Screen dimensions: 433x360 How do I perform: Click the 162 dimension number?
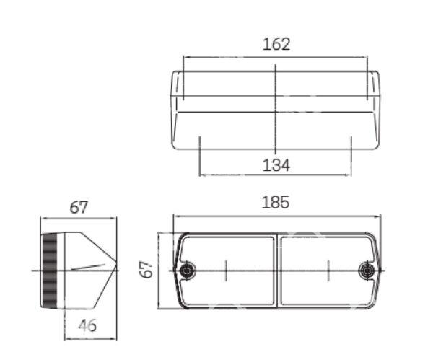tap(276, 44)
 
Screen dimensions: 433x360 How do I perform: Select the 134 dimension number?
tap(276, 165)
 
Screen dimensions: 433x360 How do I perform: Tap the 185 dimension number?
tap(276, 202)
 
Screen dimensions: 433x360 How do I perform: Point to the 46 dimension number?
tap(87, 325)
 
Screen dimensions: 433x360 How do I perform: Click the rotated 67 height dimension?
tap(146, 269)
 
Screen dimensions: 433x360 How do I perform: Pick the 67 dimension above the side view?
tap(79, 207)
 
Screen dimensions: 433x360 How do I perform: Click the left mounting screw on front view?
tap(188, 271)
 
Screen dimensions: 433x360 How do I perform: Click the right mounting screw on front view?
tap(367, 271)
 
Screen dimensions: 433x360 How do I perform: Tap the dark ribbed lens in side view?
tap(49, 271)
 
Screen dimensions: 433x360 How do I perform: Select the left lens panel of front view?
tap(228, 271)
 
